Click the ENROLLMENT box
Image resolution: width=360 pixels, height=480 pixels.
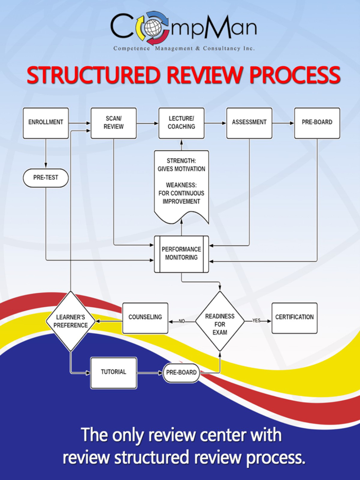[46, 123]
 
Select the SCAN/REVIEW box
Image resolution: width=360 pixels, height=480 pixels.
[113, 123]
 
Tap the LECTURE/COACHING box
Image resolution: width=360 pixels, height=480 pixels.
[181, 123]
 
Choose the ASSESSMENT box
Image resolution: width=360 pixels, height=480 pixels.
[249, 123]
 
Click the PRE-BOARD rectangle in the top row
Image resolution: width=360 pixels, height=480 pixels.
[317, 123]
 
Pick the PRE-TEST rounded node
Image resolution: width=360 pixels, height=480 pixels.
[46, 178]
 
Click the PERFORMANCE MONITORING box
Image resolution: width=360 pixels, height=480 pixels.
[181, 253]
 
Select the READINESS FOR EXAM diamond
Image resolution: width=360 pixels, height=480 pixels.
[220, 321]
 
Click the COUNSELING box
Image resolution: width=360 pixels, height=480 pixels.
[145, 318]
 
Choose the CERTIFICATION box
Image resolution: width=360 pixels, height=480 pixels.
[294, 318]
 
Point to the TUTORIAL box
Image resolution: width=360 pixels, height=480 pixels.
[113, 373]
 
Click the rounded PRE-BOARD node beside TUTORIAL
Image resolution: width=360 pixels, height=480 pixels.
[181, 373]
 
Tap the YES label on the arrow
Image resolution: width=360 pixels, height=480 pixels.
[257, 321]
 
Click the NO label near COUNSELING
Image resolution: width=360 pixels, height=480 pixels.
[182, 321]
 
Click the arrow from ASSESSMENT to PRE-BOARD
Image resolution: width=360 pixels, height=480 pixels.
[282, 123]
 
